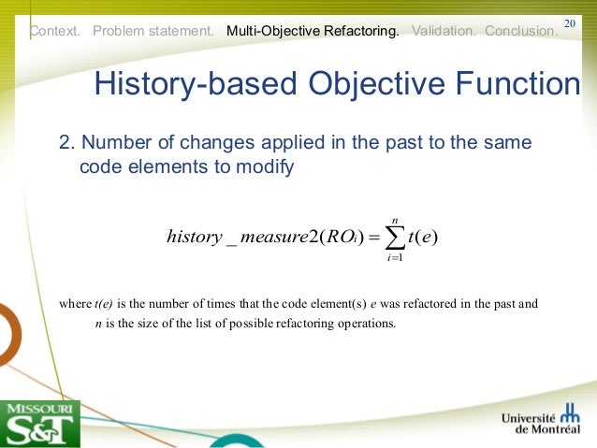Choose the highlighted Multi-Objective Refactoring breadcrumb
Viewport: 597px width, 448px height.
pos(313,31)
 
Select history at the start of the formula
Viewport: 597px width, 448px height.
pos(192,236)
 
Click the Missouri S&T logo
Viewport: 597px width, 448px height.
pos(40,423)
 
